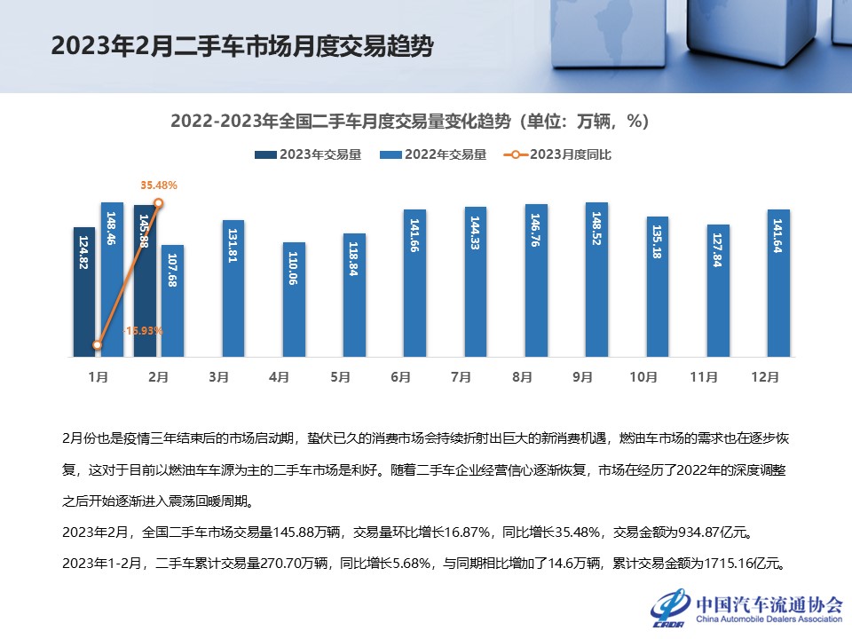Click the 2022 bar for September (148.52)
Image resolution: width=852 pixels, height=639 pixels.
pos(596,280)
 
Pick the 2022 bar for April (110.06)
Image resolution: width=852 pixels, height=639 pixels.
pos(293,299)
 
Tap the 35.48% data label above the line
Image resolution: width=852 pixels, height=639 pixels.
pos(159,185)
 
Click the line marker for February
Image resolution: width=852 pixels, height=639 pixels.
pos(159,203)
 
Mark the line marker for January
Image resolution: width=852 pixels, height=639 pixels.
pos(98,345)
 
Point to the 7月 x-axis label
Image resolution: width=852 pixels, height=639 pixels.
pos(461,377)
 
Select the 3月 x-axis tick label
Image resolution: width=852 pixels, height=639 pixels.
pos(218,377)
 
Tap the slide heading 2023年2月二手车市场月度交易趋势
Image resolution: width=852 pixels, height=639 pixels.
pos(241,46)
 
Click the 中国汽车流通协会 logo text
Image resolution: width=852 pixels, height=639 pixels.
pos(769,603)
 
